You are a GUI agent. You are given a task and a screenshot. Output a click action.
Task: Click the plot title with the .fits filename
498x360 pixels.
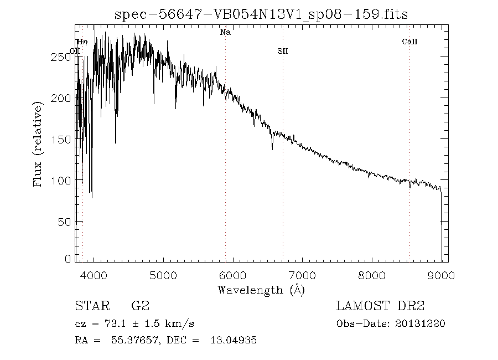point(261,14)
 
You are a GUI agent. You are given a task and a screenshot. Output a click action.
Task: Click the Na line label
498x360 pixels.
point(225,33)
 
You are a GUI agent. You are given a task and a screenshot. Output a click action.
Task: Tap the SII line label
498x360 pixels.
point(283,52)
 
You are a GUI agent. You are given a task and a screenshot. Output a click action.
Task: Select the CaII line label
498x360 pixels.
point(409,42)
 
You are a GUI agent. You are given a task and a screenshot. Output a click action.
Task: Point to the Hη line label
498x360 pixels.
point(82,42)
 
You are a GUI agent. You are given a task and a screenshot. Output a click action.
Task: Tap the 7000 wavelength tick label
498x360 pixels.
point(302,275)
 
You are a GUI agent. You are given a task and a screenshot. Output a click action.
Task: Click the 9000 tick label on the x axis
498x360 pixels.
point(441,275)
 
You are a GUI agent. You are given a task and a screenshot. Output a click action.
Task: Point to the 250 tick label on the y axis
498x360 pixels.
point(62,56)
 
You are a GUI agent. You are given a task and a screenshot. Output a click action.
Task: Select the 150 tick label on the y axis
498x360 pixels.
point(62,139)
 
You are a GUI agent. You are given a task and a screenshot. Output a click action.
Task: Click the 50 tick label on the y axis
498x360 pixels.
point(65,222)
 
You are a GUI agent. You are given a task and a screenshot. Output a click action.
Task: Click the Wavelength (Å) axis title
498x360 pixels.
point(261,290)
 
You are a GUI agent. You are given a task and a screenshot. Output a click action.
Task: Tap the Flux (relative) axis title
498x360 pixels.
point(39,145)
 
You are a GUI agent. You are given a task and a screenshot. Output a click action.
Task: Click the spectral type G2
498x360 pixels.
point(139,306)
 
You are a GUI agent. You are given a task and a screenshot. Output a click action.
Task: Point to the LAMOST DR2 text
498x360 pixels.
point(380,306)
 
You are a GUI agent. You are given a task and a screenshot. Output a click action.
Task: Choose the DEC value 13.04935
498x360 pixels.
point(234,341)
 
